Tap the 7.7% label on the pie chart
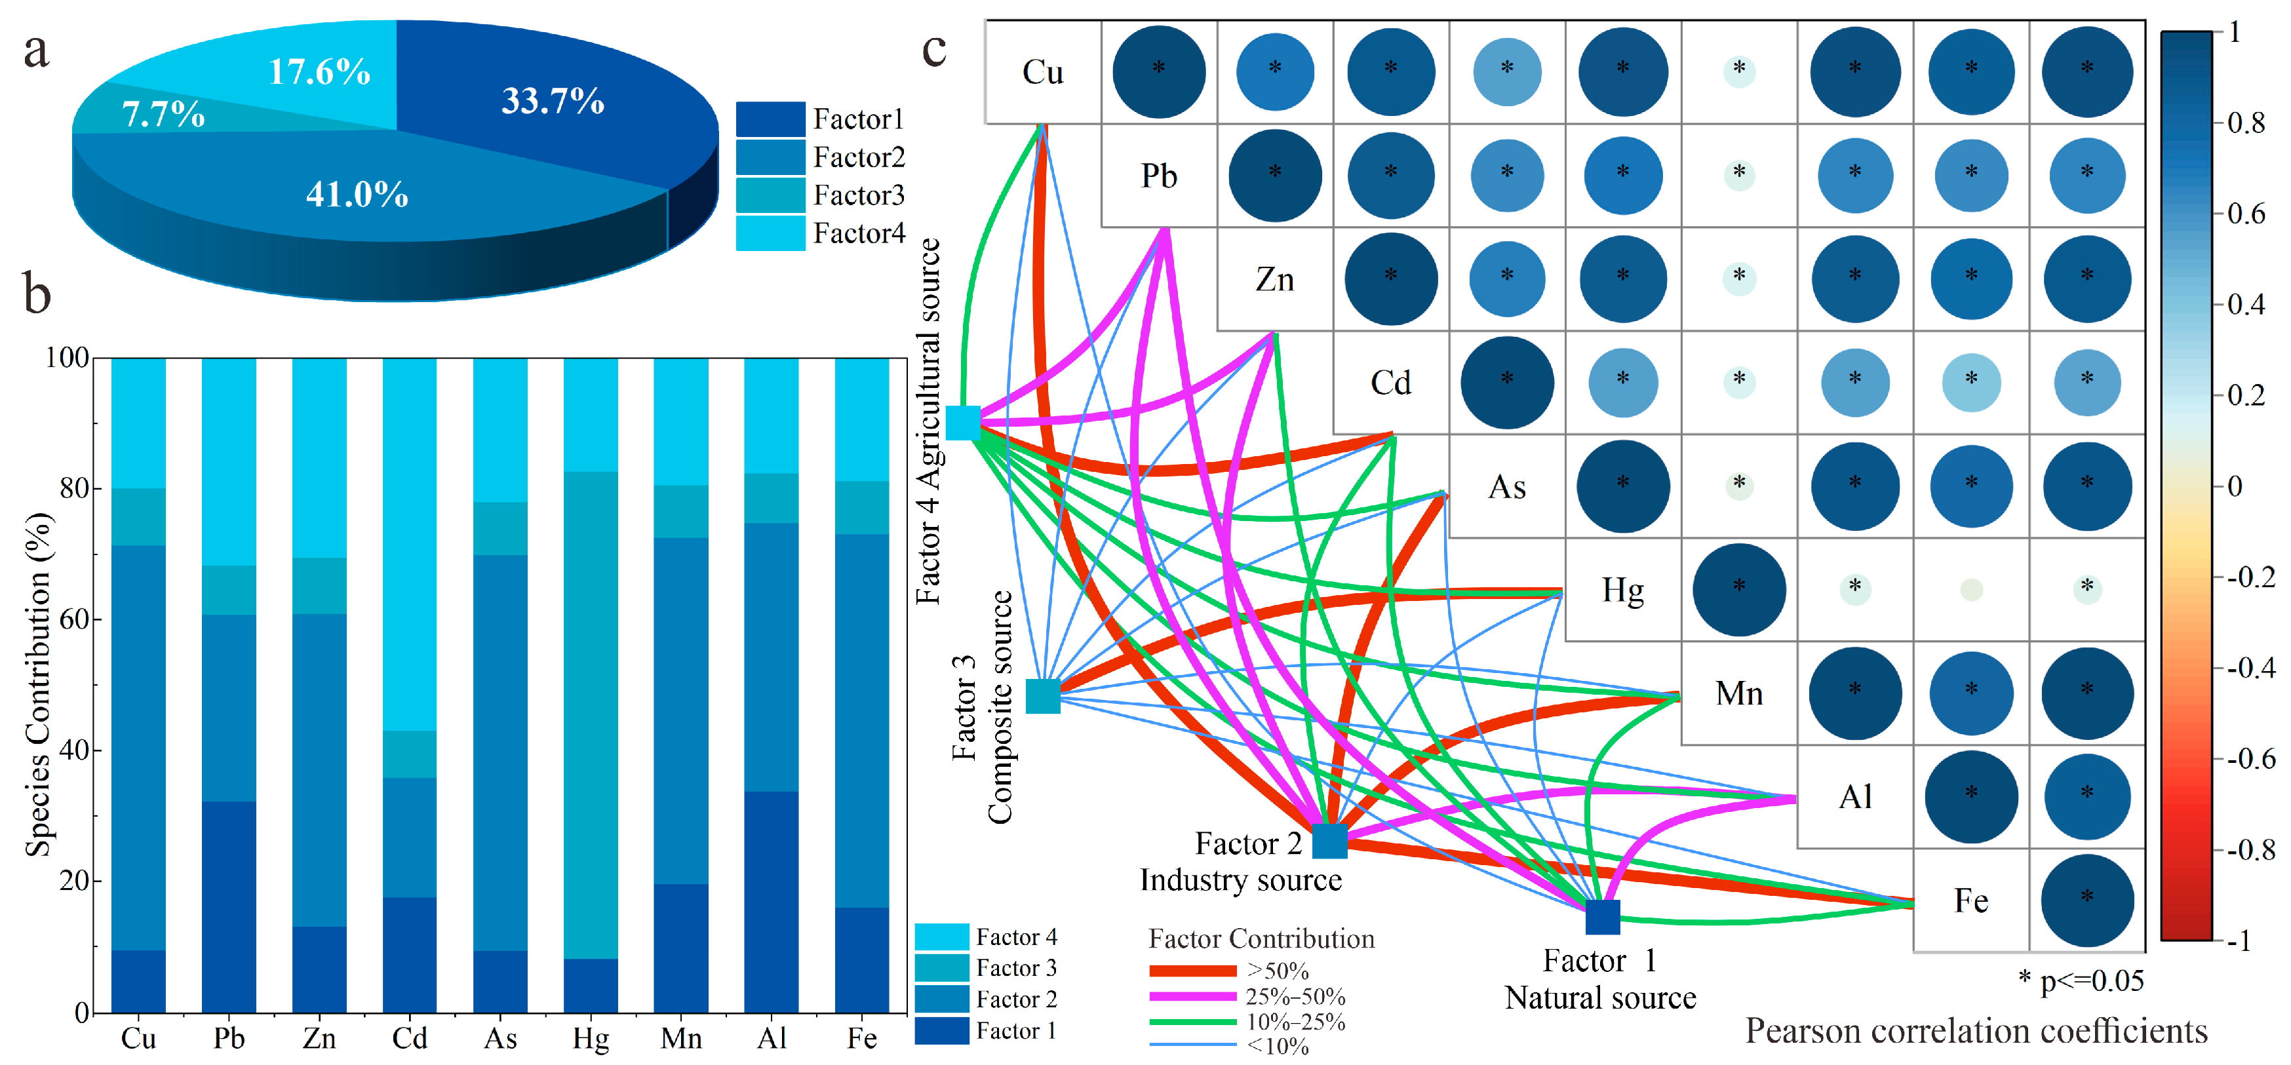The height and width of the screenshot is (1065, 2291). (164, 114)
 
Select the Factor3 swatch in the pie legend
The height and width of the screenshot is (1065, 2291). (770, 195)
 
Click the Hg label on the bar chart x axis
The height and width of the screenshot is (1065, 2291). (591, 1038)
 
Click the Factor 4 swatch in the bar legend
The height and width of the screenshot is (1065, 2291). (941, 937)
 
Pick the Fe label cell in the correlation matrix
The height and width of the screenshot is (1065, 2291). (1971, 900)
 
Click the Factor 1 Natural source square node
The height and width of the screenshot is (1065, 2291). (1603, 916)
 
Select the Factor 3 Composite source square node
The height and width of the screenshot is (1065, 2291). (1043, 696)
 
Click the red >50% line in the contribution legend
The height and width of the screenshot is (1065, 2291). (1192, 971)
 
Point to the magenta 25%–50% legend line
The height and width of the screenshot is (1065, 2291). (1192, 997)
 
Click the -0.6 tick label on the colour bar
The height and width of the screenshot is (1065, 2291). (2250, 758)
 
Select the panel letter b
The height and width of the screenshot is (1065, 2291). (37, 294)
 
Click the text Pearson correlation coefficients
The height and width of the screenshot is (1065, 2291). (1976, 1031)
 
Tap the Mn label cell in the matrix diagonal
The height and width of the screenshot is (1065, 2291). (1738, 693)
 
